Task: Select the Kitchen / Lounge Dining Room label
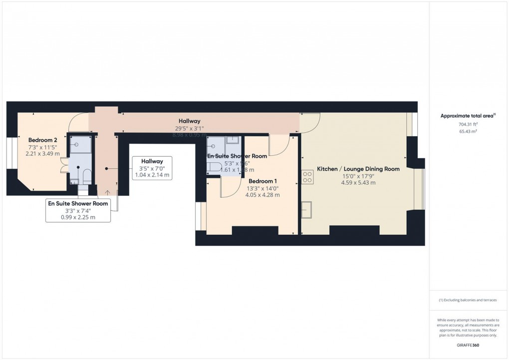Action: tap(358, 169)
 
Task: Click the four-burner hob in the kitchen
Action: tap(307, 177)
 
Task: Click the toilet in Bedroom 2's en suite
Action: tap(86, 176)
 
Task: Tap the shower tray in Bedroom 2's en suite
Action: tap(80, 145)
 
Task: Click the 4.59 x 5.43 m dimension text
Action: tap(358, 183)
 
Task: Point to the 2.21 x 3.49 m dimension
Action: tap(42, 154)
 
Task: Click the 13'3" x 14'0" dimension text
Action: tap(262, 188)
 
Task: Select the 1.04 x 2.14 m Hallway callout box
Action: tap(152, 168)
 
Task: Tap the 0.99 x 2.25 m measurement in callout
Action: tap(78, 217)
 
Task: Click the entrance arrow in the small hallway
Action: tap(108, 192)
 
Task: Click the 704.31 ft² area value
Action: tap(468, 124)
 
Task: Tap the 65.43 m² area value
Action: tap(468, 131)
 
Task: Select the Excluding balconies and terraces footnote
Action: tap(468, 300)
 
